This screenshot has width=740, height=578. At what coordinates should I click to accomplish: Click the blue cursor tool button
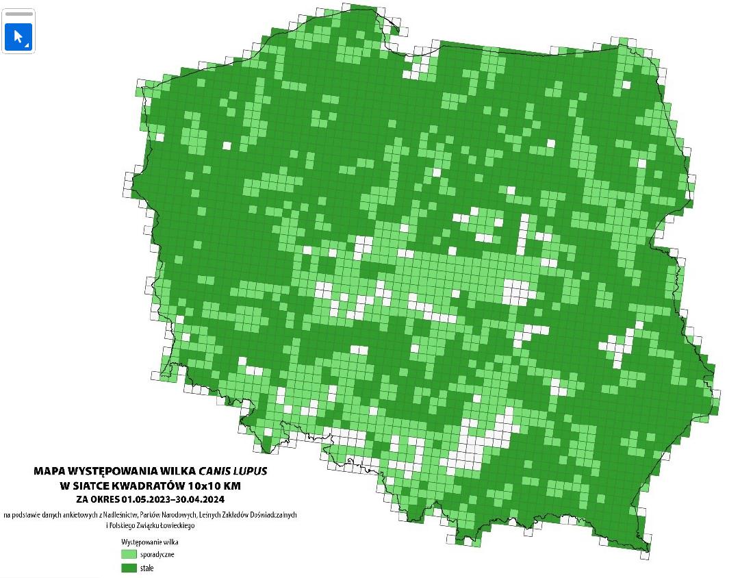click(18, 37)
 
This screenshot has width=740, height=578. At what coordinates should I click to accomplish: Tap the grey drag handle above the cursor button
click(18, 14)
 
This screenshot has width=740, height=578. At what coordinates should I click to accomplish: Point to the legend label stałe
click(147, 568)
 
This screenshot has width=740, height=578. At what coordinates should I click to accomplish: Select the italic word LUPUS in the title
click(250, 471)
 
